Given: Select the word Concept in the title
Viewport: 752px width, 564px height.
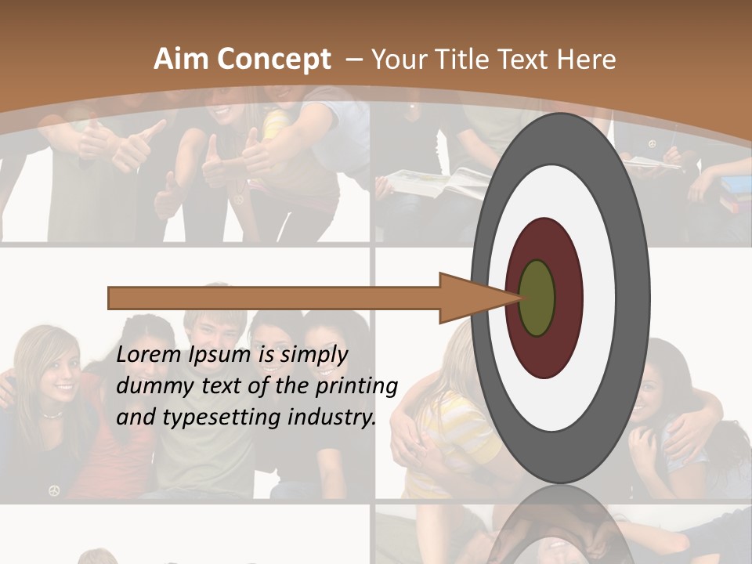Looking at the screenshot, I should [x=274, y=60].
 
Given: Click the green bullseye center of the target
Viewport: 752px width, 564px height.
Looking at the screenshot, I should [x=537, y=298].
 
